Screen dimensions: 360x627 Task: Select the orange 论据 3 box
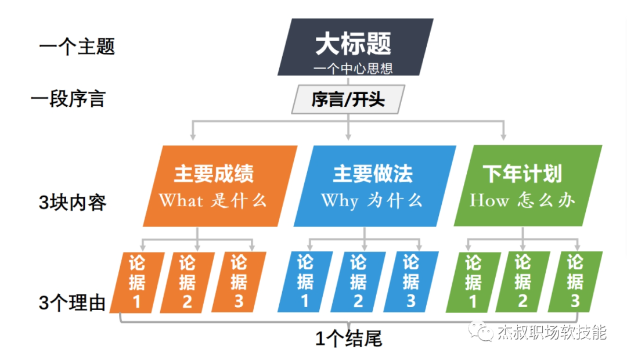pos(239,281)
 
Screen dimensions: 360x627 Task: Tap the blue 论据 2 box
pos(358,281)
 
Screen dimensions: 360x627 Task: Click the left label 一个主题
pos(77,46)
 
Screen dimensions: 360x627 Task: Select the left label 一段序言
pos(68,99)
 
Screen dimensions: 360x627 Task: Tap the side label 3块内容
pos(73,203)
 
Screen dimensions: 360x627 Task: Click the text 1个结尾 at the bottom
pos(349,339)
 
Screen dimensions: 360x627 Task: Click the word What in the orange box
pos(181,201)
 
